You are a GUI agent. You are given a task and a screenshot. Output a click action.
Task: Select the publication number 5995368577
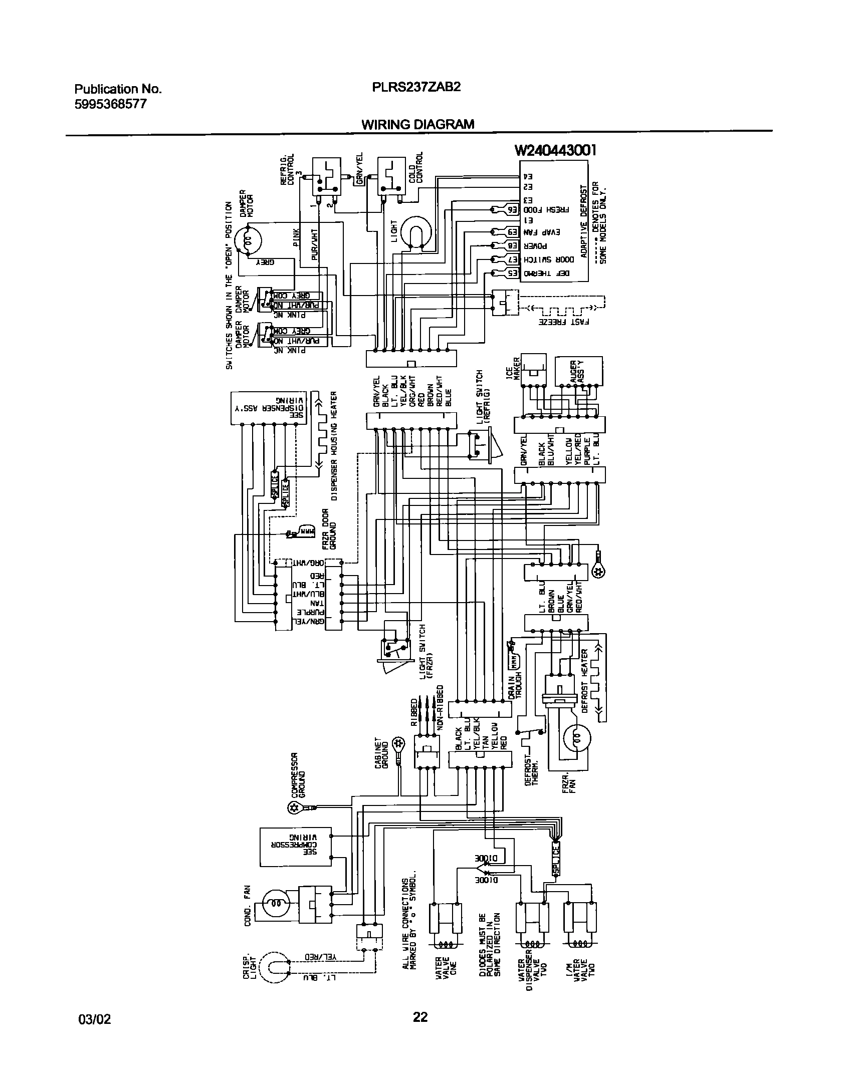tap(111, 104)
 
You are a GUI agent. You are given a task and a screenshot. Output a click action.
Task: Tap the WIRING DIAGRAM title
tap(417, 124)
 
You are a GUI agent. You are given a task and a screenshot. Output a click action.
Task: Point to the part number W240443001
tap(555, 150)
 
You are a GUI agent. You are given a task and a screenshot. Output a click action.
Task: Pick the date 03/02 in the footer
tap(95, 1017)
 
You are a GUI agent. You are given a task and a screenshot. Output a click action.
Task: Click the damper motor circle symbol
tap(249, 241)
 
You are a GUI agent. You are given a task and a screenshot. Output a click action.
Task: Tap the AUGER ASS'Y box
tap(579, 371)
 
